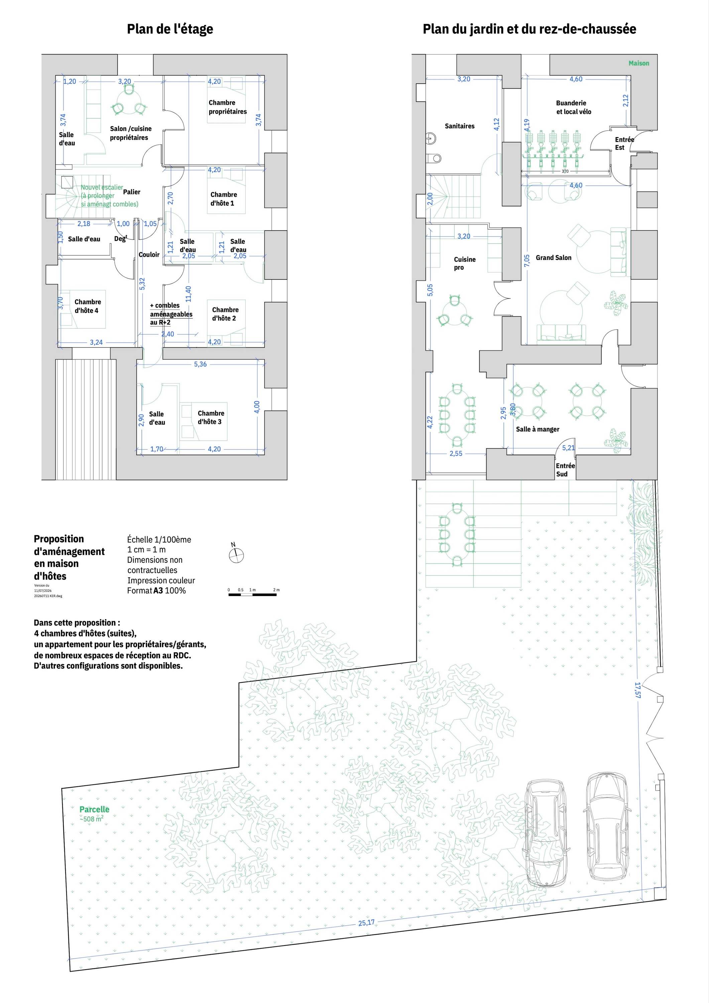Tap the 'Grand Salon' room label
click(x=554, y=258)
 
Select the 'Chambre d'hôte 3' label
click(x=211, y=417)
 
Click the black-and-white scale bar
click(x=252, y=594)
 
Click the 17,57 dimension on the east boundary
click(x=637, y=690)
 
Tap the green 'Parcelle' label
click(x=94, y=809)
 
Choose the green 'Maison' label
click(x=639, y=63)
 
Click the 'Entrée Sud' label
click(x=565, y=470)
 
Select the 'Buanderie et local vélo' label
click(x=573, y=107)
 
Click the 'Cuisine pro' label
click(x=464, y=263)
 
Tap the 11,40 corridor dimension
click(x=188, y=294)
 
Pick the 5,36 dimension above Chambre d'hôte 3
click(x=200, y=364)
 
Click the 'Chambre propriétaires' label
click(x=227, y=107)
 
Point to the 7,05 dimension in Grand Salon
click(x=527, y=260)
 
